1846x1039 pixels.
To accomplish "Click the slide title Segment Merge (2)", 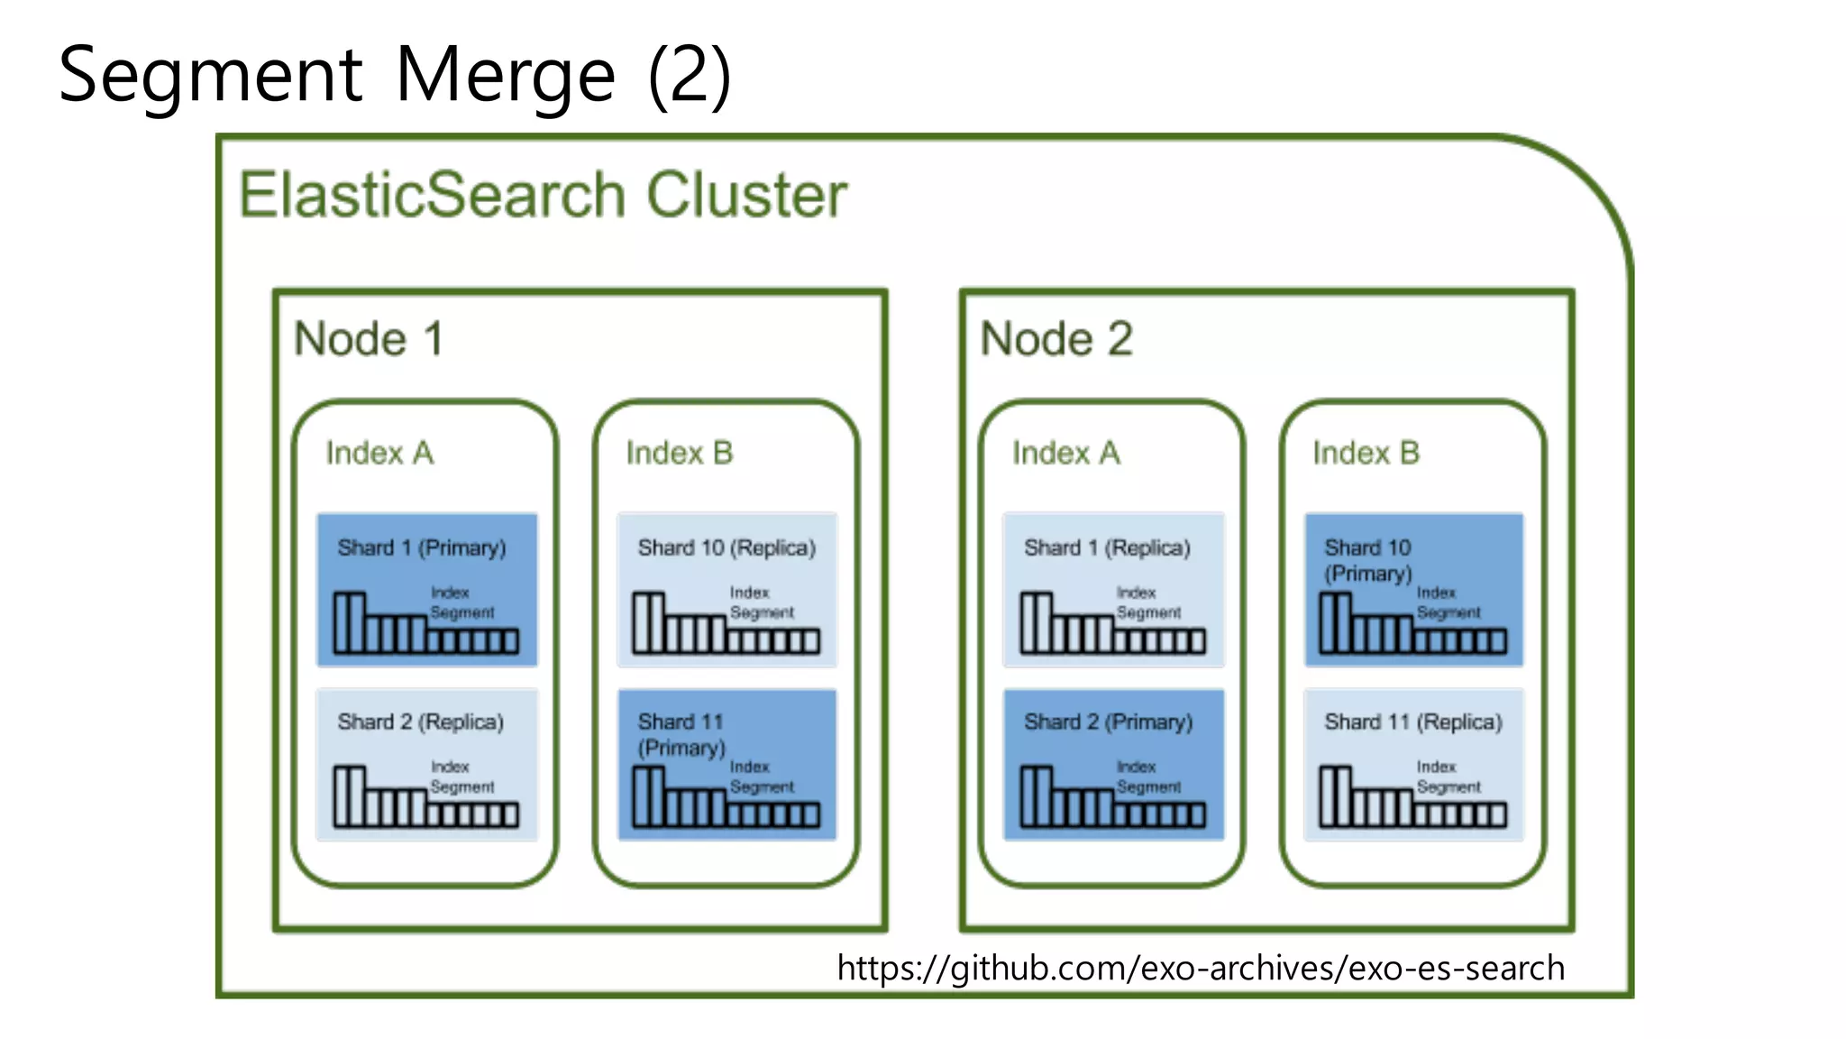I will [394, 76].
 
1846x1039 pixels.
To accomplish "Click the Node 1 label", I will [369, 340].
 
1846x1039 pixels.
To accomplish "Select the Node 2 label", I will [1056, 340].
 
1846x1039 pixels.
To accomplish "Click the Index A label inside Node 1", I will [379, 453].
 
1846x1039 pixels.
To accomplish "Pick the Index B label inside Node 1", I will [680, 453].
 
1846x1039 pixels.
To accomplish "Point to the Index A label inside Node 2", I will [1065, 453].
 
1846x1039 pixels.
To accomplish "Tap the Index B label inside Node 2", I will [1366, 453].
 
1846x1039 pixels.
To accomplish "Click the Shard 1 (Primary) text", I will [421, 547].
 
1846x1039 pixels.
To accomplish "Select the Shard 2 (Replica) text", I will [420, 722].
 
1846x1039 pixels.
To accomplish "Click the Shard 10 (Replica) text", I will [727, 547].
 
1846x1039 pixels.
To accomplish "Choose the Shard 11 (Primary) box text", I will [681, 734].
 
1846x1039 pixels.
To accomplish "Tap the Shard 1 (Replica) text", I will [1107, 547].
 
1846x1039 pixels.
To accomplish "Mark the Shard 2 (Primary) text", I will [1108, 722].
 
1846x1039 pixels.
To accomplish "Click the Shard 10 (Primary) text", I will [1367, 560].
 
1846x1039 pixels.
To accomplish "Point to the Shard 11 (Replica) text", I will [1412, 722].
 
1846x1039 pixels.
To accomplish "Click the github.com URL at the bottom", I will [1201, 968].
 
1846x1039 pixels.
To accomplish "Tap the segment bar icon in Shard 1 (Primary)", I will [425, 625].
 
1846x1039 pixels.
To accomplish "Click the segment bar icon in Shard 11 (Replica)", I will [1412, 799].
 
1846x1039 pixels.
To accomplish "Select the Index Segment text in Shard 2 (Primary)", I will [1147, 777].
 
